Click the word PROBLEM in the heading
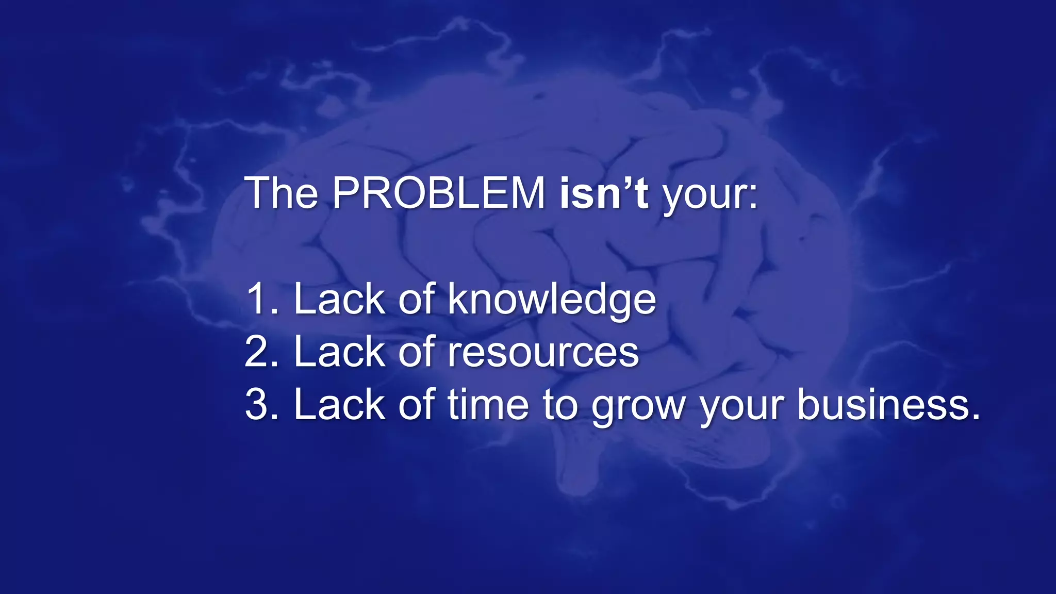pos(438,193)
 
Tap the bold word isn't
pos(604,193)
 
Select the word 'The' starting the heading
pos(282,193)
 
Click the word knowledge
pos(552,300)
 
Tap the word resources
pos(543,353)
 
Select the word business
pos(888,405)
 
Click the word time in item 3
pos(488,405)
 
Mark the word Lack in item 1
pos(339,299)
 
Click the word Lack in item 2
pos(339,352)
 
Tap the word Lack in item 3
pos(339,405)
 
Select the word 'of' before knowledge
pos(417,299)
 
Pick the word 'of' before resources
pos(417,352)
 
